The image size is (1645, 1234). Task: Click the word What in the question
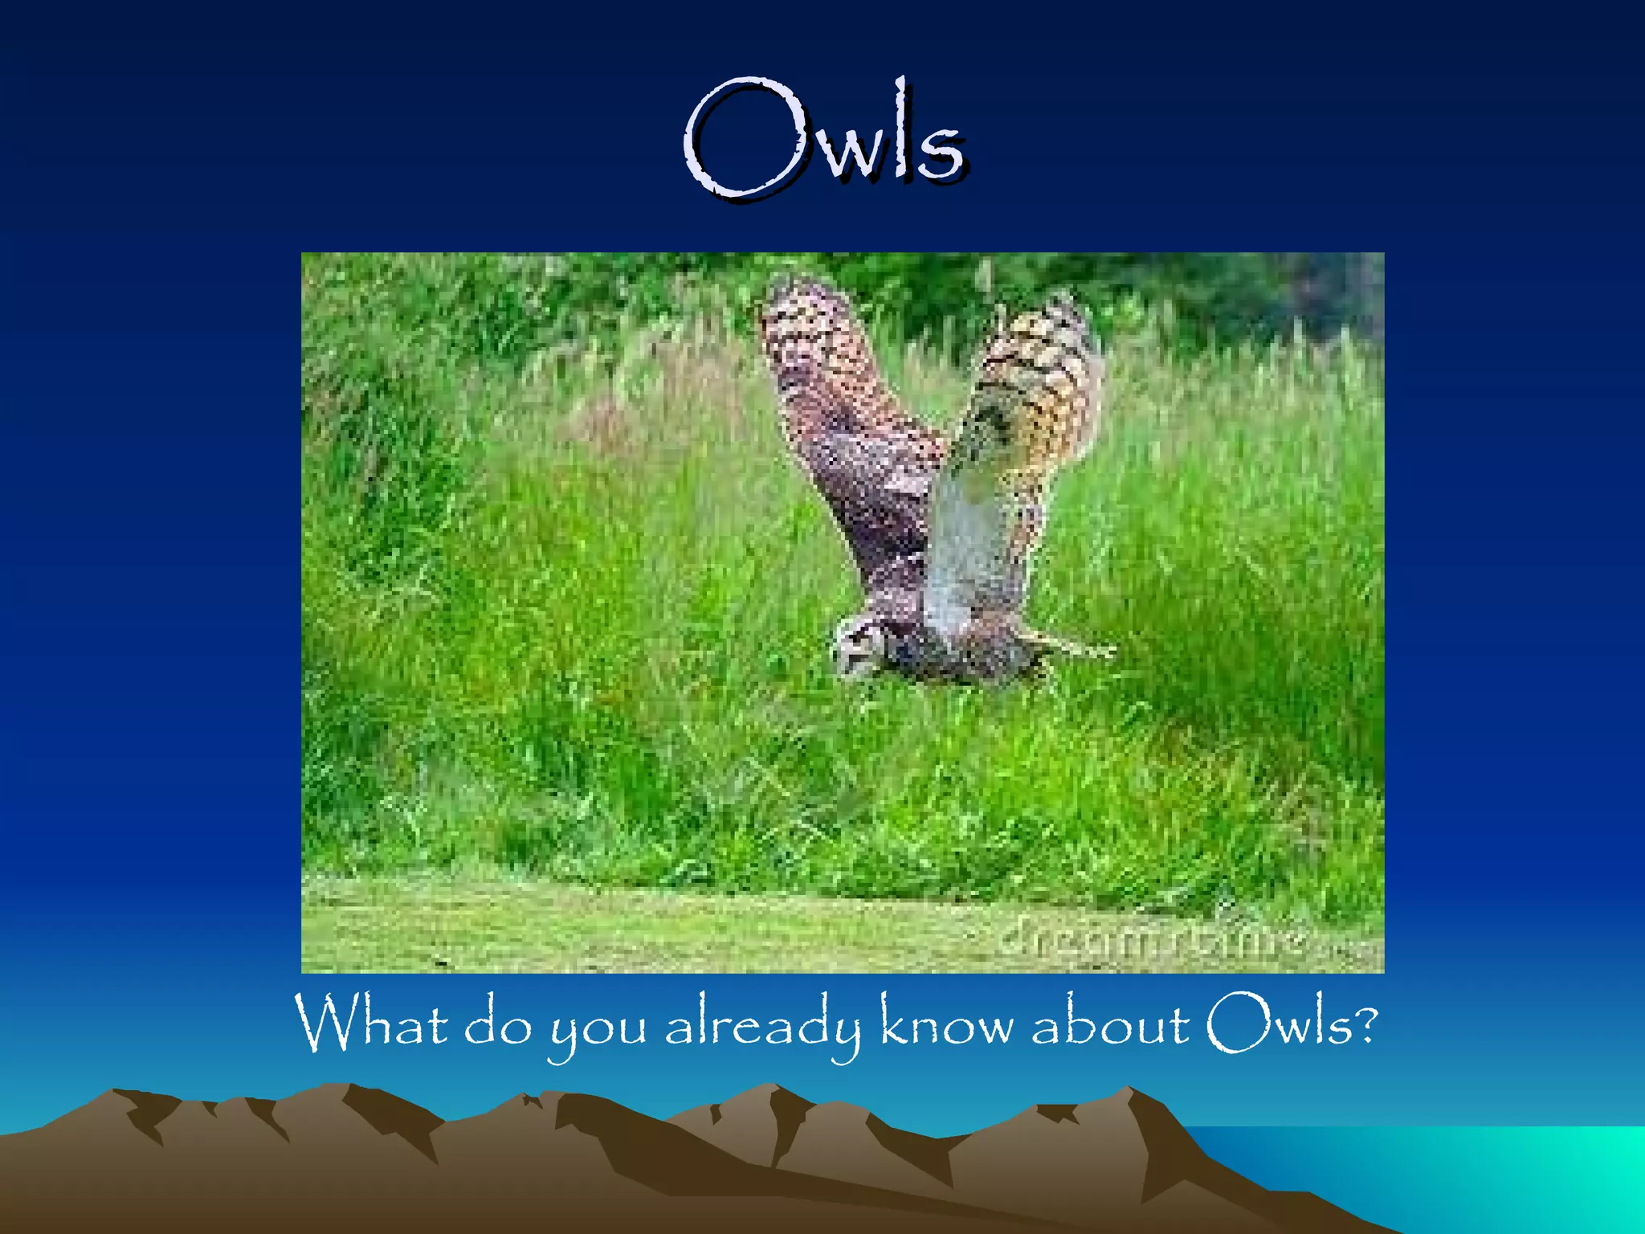(371, 1024)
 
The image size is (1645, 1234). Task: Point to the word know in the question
(946, 1024)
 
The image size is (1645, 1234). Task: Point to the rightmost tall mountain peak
(1129, 1093)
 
